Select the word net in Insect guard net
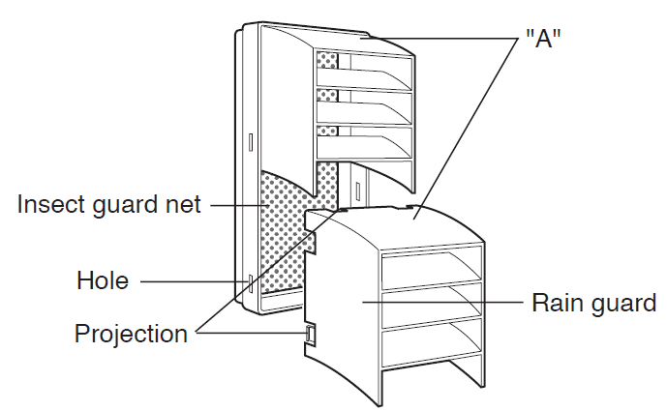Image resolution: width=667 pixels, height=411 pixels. (x=185, y=205)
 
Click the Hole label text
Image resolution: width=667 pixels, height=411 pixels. (x=103, y=281)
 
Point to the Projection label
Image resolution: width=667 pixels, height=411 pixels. (x=131, y=334)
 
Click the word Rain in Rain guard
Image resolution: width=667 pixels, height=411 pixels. (x=557, y=303)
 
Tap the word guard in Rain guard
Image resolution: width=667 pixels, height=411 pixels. (x=623, y=303)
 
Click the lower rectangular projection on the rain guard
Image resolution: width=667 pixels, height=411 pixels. (x=310, y=335)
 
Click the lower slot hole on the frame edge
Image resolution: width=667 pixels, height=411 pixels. (x=252, y=283)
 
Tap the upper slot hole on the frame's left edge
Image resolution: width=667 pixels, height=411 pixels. (x=250, y=141)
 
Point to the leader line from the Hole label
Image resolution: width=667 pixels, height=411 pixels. (x=194, y=281)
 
